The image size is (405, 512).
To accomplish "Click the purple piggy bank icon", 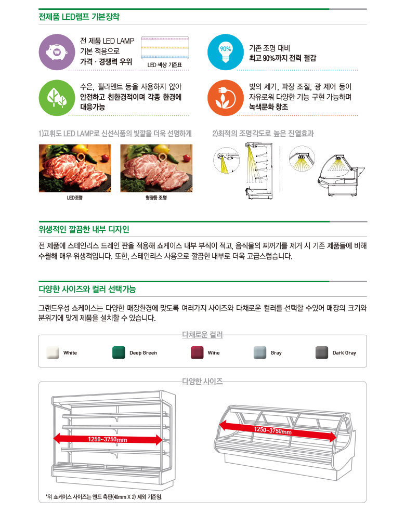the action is (57, 52).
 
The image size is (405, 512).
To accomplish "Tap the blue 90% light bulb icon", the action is (225, 52).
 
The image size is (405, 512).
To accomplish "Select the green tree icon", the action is (57, 98).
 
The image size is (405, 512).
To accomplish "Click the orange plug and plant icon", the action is (225, 98).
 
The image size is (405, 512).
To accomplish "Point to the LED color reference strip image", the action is (165, 48).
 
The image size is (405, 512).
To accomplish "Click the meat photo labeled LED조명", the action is (75, 168).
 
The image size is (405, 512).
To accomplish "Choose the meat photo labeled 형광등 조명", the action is (156, 168).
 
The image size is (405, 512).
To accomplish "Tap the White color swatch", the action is (53, 352).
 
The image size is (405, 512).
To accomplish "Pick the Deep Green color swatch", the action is (119, 352).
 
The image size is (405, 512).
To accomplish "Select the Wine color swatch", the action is (197, 352).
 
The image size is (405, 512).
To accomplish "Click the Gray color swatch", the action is (260, 352).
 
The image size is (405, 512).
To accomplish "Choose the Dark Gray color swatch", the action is (322, 352).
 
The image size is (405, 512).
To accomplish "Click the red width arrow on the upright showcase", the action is (108, 439).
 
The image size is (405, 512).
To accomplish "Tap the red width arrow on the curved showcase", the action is (278, 431).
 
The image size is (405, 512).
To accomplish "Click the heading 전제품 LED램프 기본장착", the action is (79, 17).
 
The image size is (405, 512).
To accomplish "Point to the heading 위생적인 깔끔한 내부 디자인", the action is (84, 229).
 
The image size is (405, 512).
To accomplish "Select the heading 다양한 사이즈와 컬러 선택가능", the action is (87, 289).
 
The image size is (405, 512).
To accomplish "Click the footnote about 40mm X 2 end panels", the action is (104, 496).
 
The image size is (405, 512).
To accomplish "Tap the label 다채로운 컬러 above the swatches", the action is (203, 335).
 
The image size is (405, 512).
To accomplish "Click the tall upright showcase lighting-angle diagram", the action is (259, 170).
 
